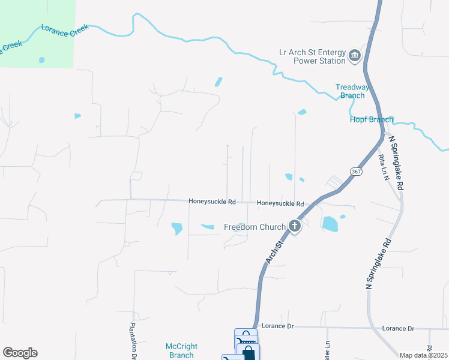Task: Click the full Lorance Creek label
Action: pyautogui.click(x=64, y=30)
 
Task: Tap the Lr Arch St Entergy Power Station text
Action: pyautogui.click(x=313, y=56)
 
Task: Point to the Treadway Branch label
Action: pyautogui.click(x=352, y=91)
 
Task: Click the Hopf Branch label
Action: pyautogui.click(x=372, y=119)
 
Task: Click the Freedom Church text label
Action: pyautogui.click(x=255, y=227)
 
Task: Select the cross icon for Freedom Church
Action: pyautogui.click(x=294, y=226)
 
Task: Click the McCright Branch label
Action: pyautogui.click(x=181, y=350)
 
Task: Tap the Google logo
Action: pyautogui.click(x=20, y=353)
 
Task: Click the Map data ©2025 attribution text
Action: pyautogui.click(x=423, y=355)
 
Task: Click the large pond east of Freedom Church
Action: pyautogui.click(x=330, y=224)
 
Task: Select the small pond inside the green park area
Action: pyautogui.click(x=41, y=60)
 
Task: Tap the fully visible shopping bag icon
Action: pyautogui.click(x=249, y=353)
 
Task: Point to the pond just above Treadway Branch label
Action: pyautogui.click(x=301, y=112)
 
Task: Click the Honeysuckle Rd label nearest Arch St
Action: pyautogui.click(x=280, y=203)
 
